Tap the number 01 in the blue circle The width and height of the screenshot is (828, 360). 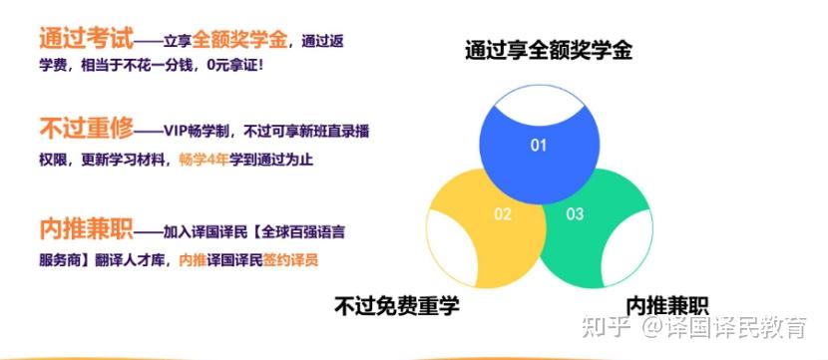point(539,146)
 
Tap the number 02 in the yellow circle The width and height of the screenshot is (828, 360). point(502,213)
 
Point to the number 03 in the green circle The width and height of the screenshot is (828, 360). point(575,213)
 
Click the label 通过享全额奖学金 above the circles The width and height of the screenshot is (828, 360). point(548,50)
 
